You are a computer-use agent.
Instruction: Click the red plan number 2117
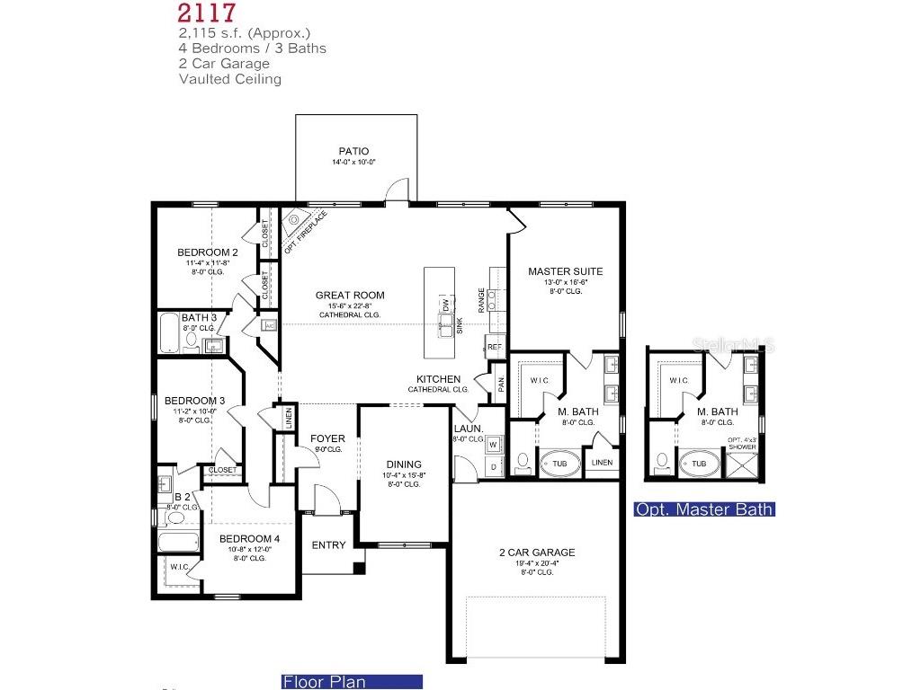tap(208, 13)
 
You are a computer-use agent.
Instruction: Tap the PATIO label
tap(353, 152)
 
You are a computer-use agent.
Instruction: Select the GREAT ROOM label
tap(350, 296)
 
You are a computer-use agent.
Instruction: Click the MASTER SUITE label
tap(565, 271)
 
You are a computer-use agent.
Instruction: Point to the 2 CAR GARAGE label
tap(537, 553)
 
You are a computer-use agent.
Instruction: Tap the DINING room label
tap(404, 465)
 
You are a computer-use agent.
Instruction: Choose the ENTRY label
tap(328, 545)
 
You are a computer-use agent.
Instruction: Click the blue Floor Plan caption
tap(325, 682)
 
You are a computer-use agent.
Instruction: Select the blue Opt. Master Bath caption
tap(704, 509)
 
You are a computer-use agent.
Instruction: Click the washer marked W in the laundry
tap(494, 445)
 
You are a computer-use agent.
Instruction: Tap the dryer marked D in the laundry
tap(494, 467)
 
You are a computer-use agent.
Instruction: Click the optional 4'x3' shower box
tap(742, 464)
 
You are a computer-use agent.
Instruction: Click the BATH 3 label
tap(199, 318)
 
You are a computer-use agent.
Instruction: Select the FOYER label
tap(327, 439)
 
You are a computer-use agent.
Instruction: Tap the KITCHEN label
tap(438, 380)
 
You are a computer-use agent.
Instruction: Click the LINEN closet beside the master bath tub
tap(602, 463)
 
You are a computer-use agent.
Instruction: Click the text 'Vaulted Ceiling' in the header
tap(230, 79)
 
